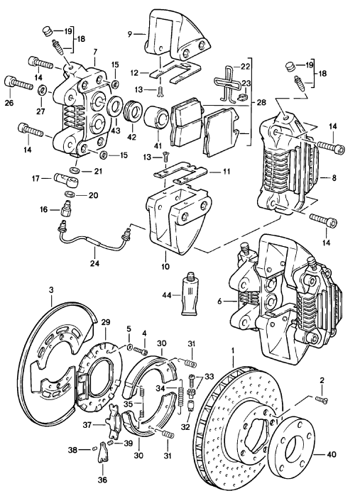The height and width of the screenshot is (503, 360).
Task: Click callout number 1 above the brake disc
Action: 233,350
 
